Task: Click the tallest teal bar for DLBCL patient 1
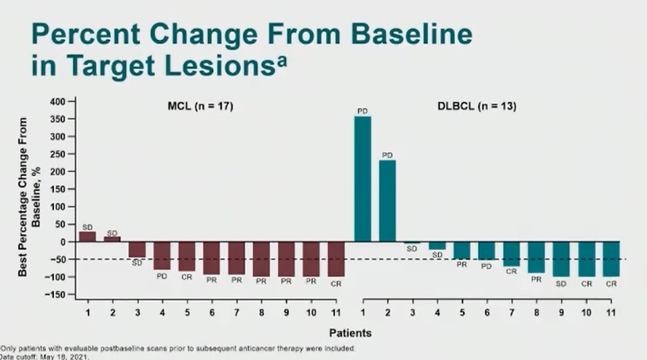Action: coord(362,179)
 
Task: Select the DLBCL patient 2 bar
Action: coord(387,201)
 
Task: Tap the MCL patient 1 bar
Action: coord(87,236)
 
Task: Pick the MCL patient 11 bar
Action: coord(336,259)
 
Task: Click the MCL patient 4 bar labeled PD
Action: coord(162,255)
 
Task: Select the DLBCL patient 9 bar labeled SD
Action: coord(560,259)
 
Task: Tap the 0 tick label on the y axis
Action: coord(64,241)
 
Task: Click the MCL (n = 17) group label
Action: coord(196,107)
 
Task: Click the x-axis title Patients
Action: coord(350,333)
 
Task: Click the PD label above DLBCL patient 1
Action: coord(362,111)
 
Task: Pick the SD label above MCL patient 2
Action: coord(113,233)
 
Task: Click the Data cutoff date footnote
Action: coord(44,356)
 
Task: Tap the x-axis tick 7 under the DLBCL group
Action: coord(511,311)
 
